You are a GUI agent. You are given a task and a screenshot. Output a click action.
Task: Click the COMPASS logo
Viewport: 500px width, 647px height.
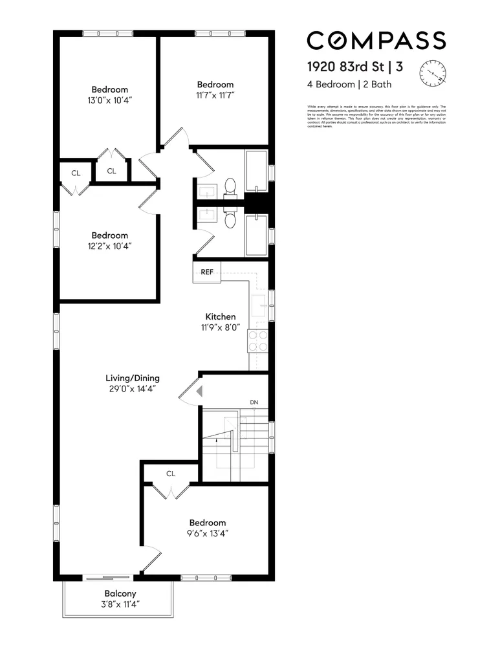tap(376, 40)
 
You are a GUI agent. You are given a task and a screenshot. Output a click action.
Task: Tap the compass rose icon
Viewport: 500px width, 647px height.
tap(433, 72)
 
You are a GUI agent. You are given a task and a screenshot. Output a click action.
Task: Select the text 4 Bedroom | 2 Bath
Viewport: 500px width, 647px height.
tap(349, 84)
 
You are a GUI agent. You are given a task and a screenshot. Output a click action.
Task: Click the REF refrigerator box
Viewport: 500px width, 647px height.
tap(207, 272)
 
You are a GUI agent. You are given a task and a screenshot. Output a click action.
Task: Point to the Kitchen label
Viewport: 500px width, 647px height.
tap(221, 316)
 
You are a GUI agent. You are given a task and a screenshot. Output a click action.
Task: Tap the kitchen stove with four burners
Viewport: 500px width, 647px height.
tap(258, 340)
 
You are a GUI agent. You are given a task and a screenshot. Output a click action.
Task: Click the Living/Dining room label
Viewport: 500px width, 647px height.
tap(133, 378)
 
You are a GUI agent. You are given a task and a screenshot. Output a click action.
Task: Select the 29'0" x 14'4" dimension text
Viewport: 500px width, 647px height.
tap(133, 389)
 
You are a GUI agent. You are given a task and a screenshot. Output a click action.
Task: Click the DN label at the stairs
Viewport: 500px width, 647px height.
tap(254, 402)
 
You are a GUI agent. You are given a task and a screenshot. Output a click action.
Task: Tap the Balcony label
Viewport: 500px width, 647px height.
tap(120, 593)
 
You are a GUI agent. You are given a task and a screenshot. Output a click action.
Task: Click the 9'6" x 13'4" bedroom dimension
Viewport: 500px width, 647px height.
tap(208, 534)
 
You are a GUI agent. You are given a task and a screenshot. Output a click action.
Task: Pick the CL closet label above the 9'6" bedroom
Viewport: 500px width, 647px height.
tap(171, 474)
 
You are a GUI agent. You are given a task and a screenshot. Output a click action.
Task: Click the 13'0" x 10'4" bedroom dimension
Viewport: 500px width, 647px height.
tap(109, 100)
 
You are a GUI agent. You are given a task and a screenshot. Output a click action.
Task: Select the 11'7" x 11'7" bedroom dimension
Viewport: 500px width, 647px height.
tap(215, 95)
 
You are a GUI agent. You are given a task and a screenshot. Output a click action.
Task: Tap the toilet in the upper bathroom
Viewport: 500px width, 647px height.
tap(229, 187)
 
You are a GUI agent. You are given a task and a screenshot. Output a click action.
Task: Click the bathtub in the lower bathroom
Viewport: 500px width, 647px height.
tap(257, 235)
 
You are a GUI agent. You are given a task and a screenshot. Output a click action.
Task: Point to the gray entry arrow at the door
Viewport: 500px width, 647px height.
tap(199, 391)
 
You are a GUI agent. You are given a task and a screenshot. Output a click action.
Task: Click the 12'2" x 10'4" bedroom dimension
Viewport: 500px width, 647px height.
tap(109, 246)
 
